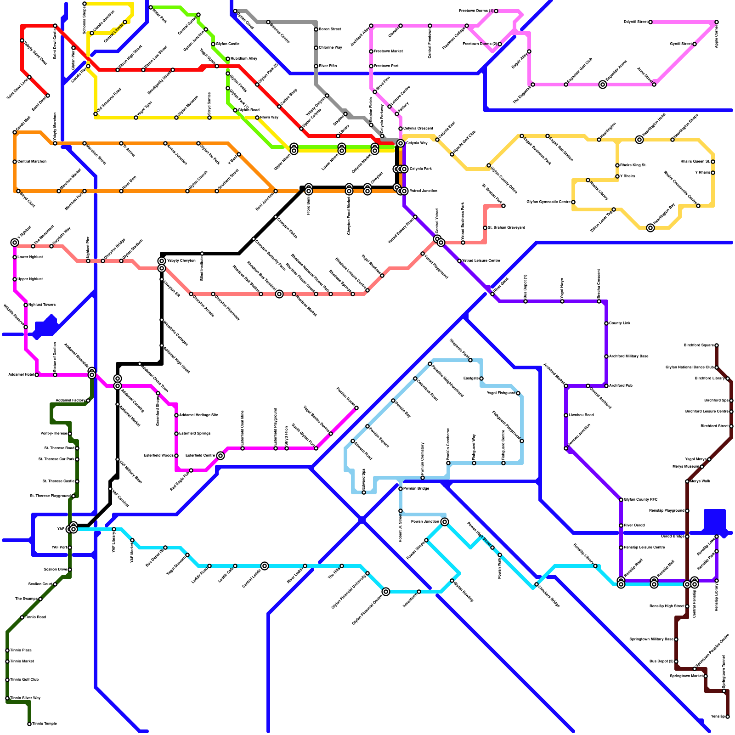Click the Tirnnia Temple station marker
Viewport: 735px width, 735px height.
pos(29,724)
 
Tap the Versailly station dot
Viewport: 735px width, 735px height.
pos(728,717)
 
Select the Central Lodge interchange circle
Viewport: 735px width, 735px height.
pos(265,565)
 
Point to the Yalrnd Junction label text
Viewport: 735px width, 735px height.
pos(424,191)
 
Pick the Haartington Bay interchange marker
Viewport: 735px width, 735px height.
pos(650,228)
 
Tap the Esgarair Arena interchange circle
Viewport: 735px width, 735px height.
pos(603,85)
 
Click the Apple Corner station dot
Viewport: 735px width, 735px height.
pos(717,22)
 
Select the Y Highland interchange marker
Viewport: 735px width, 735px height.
pos(15,243)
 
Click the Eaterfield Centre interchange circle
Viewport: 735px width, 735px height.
pos(220,456)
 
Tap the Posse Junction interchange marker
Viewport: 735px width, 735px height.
pos(445,522)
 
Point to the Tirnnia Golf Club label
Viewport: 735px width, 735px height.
pos(24,679)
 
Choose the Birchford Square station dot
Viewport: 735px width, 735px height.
pos(717,345)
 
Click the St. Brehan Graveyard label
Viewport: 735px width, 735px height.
pos(506,227)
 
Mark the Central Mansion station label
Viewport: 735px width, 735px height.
pos(32,161)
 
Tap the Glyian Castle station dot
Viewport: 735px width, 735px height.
pos(213,44)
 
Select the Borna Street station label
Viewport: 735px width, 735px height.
pos(330,29)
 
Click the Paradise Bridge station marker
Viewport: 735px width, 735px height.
pos(401,489)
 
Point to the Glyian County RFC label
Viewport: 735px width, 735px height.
pos(641,499)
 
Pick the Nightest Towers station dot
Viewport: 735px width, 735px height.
pos(26,305)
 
